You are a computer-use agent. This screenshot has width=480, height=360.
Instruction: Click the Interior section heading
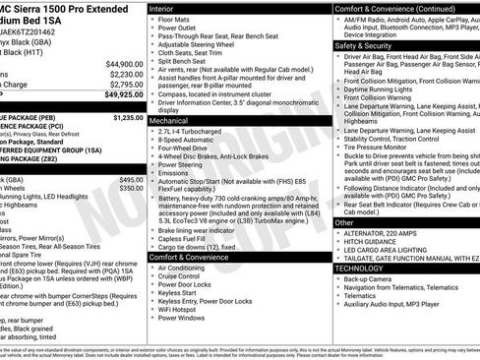(x=163, y=8)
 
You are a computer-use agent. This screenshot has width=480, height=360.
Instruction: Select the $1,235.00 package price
(x=127, y=117)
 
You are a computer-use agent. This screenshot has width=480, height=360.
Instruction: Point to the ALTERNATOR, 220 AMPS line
(x=387, y=232)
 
